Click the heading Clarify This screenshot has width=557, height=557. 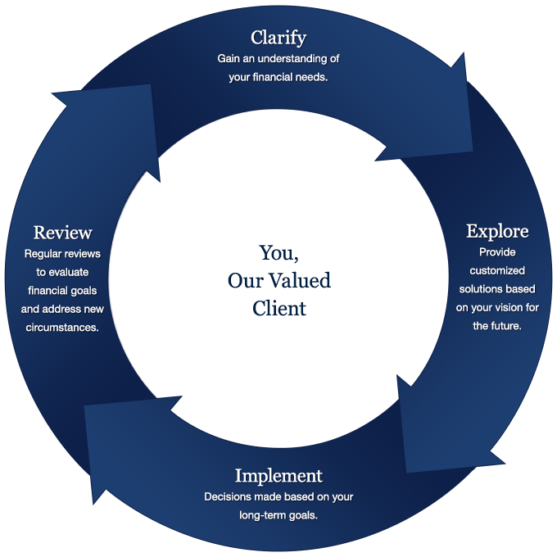[x=278, y=38]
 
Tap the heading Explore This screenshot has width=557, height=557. [x=497, y=231]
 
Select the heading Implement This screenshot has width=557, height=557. [x=278, y=476]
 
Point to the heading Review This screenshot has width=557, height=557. [x=62, y=233]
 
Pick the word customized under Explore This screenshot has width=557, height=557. [x=497, y=270]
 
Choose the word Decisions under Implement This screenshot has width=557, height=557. [x=229, y=497]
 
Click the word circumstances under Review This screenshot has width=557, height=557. [x=62, y=328]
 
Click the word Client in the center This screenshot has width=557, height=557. [x=278, y=309]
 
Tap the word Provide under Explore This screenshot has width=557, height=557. [x=497, y=252]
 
